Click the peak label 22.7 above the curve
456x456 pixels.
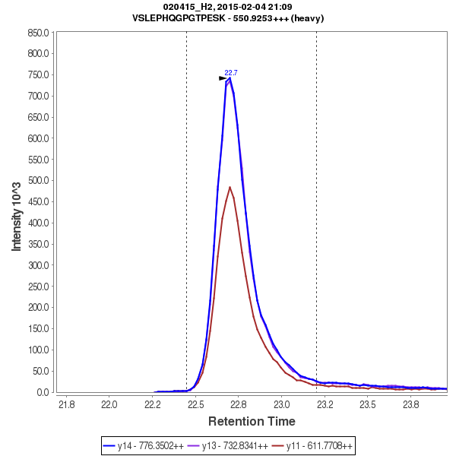231,73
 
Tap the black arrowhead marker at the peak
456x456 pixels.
223,78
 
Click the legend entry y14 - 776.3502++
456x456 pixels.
150,445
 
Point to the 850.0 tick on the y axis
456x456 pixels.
37,33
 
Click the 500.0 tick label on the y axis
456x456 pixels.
37,181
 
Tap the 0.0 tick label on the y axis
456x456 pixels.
43,392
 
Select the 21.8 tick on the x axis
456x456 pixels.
67,404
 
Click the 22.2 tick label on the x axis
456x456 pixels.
154,404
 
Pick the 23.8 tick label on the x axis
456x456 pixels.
411,404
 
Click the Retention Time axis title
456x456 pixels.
252,421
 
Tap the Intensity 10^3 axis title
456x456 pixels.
17,216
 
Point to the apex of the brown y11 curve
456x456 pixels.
230,187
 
